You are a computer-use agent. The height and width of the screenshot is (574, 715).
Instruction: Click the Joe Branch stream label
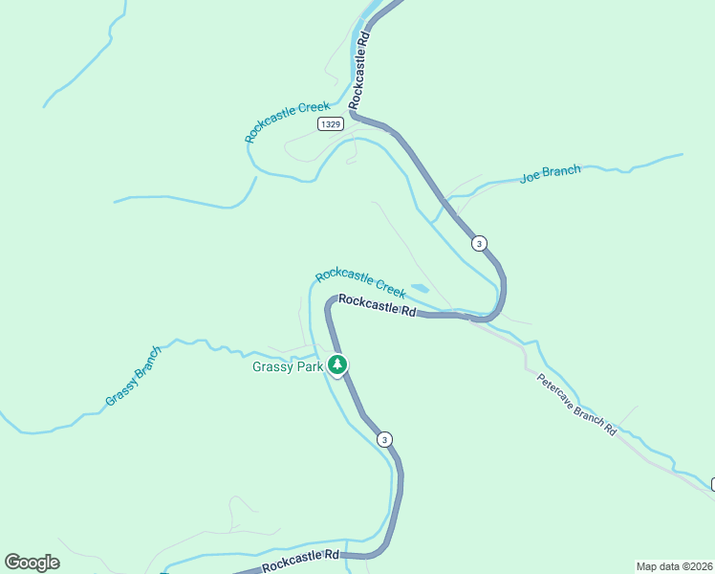pyautogui.click(x=550, y=174)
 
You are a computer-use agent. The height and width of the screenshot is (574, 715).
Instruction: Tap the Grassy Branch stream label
pyautogui.click(x=134, y=375)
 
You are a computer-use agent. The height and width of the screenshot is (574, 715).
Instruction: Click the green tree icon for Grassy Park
pyautogui.click(x=336, y=364)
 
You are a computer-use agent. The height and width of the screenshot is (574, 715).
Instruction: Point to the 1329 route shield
pyautogui.click(x=331, y=124)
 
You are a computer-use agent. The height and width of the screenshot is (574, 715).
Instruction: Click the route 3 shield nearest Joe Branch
pyautogui.click(x=479, y=243)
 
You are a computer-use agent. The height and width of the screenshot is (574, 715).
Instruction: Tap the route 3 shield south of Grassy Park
pyautogui.click(x=384, y=439)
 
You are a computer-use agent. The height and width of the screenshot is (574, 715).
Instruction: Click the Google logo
pyautogui.click(x=32, y=563)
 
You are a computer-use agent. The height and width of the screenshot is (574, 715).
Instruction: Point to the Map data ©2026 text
pyautogui.click(x=674, y=565)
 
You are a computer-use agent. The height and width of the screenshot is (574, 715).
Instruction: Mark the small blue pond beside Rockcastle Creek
pyautogui.click(x=420, y=288)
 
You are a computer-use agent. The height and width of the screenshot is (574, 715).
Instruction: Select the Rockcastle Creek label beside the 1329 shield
pyautogui.click(x=287, y=122)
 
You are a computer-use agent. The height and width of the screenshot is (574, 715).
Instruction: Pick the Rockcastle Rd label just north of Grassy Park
pyautogui.click(x=378, y=305)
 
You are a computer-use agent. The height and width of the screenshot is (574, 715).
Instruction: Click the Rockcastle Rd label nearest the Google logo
pyautogui.click(x=300, y=560)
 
